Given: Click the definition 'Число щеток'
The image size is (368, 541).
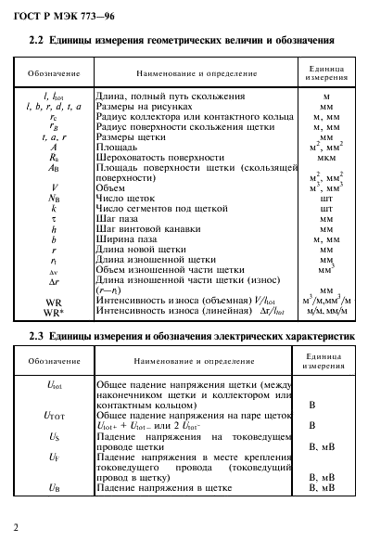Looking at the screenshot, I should tap(124, 197).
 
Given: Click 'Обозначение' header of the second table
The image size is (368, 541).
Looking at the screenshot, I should tap(52, 357).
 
